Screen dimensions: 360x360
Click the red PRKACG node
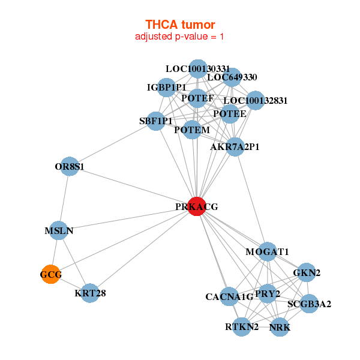197,206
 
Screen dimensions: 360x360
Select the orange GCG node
51,274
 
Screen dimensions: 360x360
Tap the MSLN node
59,230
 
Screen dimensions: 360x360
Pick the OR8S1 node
70,166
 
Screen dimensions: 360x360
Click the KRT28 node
89,293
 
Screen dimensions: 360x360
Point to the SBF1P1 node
156,121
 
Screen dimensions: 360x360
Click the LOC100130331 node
197,69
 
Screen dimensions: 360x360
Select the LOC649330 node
232,77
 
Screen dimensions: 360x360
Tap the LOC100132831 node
255,100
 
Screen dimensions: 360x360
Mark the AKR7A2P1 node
235,146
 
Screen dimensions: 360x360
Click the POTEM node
192,130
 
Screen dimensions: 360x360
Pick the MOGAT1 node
268,251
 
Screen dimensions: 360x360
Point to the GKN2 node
307,272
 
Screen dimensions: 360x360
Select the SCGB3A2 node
309,304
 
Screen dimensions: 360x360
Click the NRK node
280,327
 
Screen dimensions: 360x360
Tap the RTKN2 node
242,327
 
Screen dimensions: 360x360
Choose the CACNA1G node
229,296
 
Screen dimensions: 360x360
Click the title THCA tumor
180,25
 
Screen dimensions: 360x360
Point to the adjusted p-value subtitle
180,37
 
